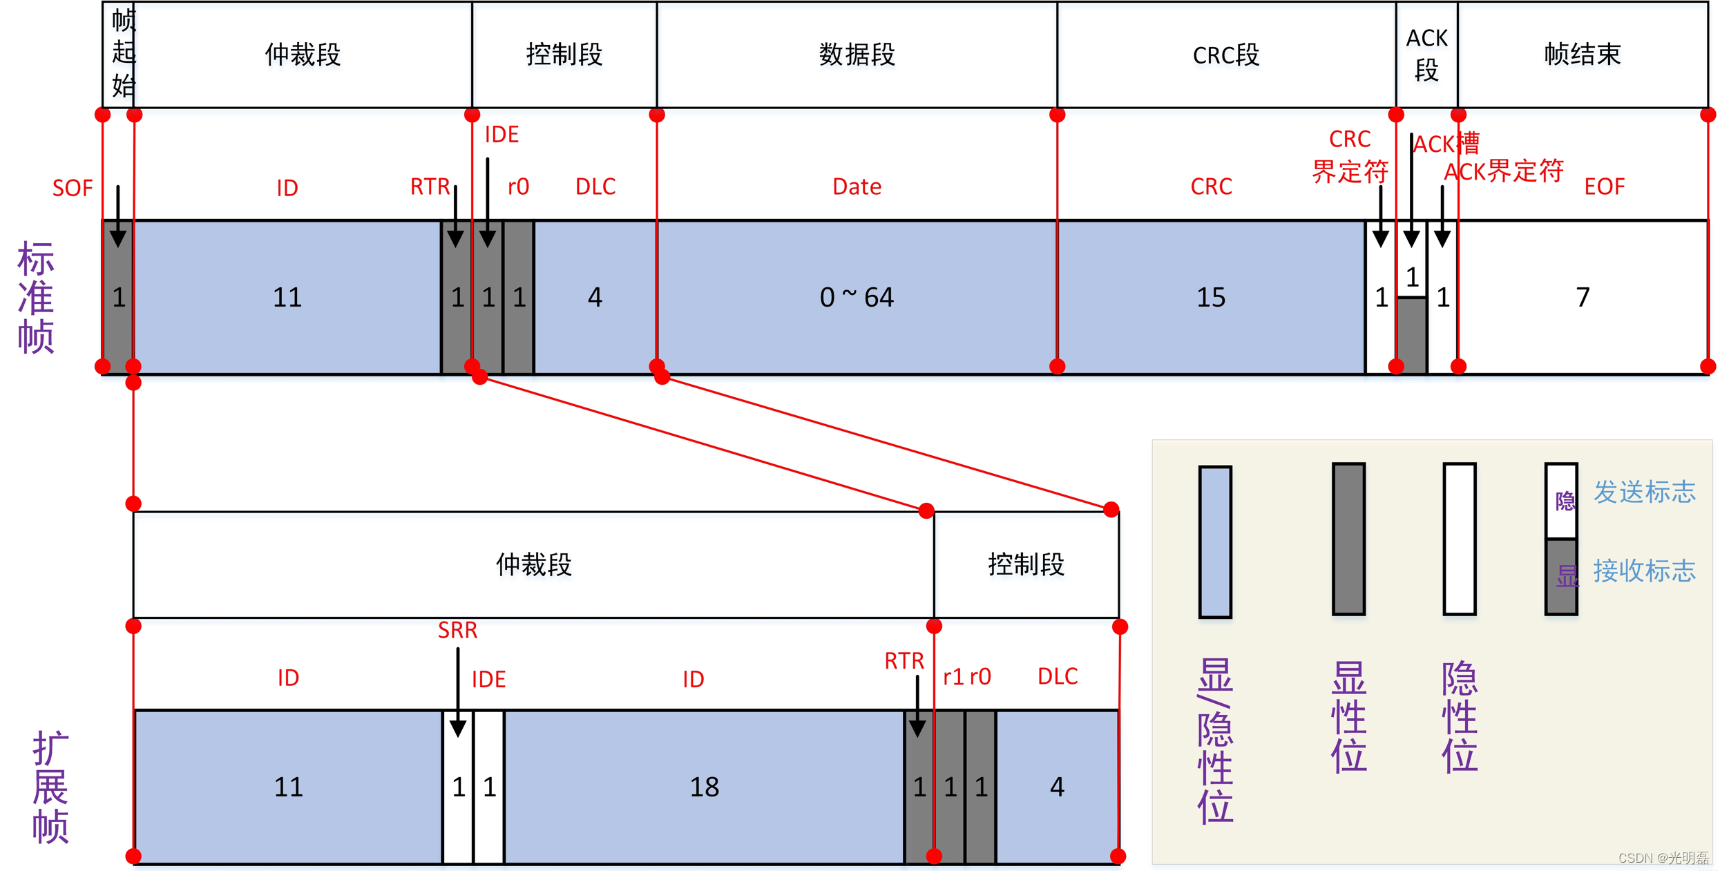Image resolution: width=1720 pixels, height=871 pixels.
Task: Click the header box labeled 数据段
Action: pyautogui.click(x=857, y=54)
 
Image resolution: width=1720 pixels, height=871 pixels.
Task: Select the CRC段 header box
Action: pyautogui.click(x=1225, y=55)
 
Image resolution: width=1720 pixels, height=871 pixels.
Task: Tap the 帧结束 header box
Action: pyautogui.click(x=1582, y=54)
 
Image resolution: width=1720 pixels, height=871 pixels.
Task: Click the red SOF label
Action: pyautogui.click(x=72, y=188)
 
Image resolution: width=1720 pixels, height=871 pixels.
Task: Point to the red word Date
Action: pyautogui.click(x=857, y=186)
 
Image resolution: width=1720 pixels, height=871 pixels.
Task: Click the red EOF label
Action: pyautogui.click(x=1604, y=186)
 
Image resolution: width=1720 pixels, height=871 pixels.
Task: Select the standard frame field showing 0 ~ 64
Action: pyautogui.click(x=857, y=297)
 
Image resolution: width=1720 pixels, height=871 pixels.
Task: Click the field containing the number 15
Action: pyautogui.click(x=1210, y=297)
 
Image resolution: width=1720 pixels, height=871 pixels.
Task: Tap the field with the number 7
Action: pyautogui.click(x=1583, y=297)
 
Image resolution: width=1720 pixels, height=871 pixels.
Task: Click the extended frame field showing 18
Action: pyautogui.click(x=704, y=787)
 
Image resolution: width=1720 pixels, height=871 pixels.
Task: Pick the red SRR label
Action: pyautogui.click(x=457, y=630)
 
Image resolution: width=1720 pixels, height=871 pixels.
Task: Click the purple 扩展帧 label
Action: pyautogui.click(x=50, y=787)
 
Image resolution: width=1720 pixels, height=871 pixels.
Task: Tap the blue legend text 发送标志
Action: pyautogui.click(x=1644, y=492)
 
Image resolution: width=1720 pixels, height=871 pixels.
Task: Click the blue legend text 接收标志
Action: pyautogui.click(x=1644, y=571)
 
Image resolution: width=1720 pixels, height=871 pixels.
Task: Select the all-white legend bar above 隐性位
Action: pyautogui.click(x=1459, y=539)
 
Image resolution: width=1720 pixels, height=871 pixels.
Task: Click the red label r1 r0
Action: pyautogui.click(x=966, y=677)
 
